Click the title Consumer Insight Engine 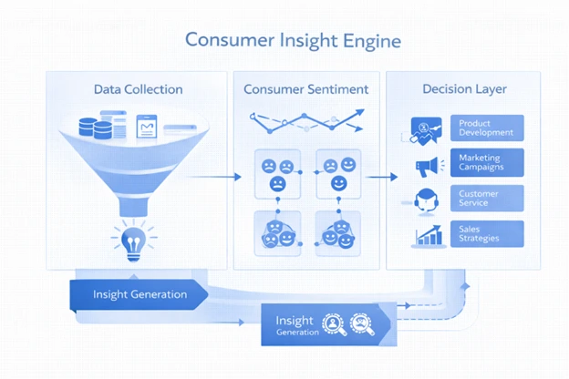pyautogui.click(x=292, y=41)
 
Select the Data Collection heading pyautogui.click(x=138, y=89)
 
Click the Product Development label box pyautogui.click(x=487, y=128)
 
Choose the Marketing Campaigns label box pyautogui.click(x=487, y=164)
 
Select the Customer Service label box pyautogui.click(x=487, y=199)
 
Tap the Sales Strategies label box pyautogui.click(x=487, y=233)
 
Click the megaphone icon pyautogui.click(x=427, y=165)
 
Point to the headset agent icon pyautogui.click(x=425, y=200)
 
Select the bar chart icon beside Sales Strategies pyautogui.click(x=428, y=234)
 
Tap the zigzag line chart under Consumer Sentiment pyautogui.click(x=305, y=120)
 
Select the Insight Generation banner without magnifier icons pyautogui.click(x=140, y=294)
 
